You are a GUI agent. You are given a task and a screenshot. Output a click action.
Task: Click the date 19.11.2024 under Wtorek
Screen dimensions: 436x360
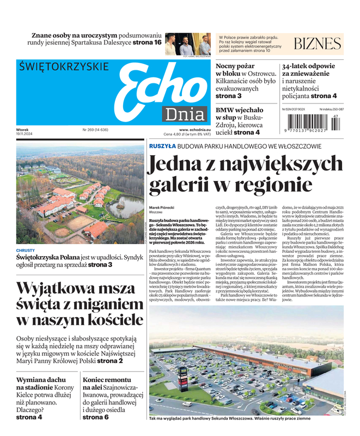coord(26,135)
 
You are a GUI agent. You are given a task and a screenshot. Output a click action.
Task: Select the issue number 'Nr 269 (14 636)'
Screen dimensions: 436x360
coord(95,130)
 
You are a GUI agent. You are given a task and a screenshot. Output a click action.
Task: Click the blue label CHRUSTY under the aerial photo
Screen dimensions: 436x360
coord(25,251)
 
